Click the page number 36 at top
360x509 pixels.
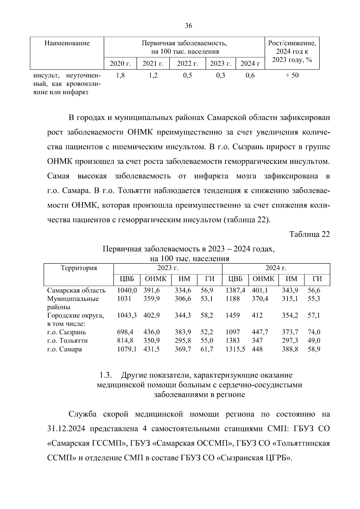pos(188,26)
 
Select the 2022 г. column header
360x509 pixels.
pos(187,64)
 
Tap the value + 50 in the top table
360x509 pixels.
pos(292,75)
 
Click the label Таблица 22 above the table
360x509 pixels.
pos(309,234)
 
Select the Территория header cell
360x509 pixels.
pos(79,268)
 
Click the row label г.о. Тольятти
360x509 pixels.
pos(67,341)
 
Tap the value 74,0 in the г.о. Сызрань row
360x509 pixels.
pos(314,332)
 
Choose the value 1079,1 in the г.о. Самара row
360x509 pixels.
pos(127,349)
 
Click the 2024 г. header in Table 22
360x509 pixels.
pos(276,268)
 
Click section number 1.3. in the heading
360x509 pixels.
pos(106,375)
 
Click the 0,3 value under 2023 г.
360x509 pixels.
pos(220,75)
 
